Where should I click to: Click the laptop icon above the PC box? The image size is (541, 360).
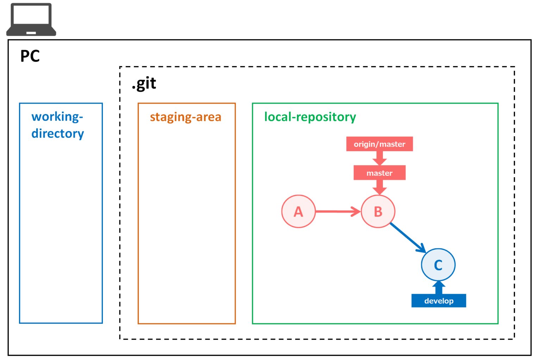[31, 20]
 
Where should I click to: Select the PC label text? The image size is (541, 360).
[30, 56]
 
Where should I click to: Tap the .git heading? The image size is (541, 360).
[144, 84]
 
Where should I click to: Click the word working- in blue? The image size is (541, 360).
[57, 117]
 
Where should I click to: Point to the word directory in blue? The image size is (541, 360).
[57, 134]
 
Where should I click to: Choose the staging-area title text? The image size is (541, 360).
[186, 117]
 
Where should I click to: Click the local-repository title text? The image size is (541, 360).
[310, 117]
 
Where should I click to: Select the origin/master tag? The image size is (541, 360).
[379, 144]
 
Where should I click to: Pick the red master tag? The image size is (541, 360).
[379, 173]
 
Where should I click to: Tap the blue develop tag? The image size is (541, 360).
[439, 301]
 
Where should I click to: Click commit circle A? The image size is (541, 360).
[298, 211]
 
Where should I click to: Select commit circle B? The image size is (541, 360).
[378, 211]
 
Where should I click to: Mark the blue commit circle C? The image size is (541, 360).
[438, 265]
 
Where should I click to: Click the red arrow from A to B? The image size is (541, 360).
[337, 211]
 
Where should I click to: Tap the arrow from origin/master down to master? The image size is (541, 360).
[379, 158]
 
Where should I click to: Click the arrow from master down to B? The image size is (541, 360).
[379, 187]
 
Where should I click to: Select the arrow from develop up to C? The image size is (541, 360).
[439, 287]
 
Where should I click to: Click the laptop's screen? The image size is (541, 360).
[31, 15]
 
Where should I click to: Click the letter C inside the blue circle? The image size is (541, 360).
[438, 265]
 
